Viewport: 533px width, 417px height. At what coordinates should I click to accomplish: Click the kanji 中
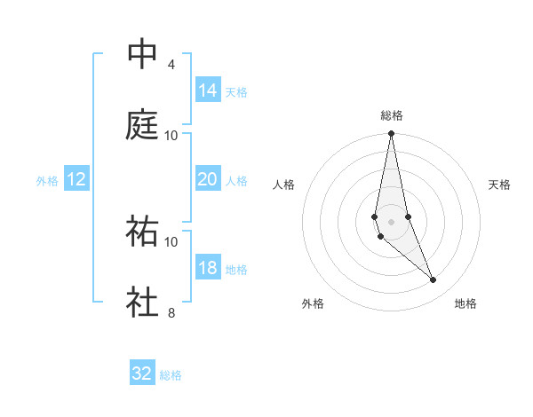(142, 54)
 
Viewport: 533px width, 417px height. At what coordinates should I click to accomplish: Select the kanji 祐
(142, 232)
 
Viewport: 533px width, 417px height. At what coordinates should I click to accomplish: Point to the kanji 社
(142, 303)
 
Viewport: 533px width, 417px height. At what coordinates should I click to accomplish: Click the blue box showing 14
(208, 90)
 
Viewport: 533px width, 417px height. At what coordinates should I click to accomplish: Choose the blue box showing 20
(208, 179)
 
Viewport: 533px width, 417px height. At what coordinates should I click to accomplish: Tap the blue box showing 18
(208, 268)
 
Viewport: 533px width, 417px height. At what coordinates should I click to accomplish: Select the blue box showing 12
(76, 179)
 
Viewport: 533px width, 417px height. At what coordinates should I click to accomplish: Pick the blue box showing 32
(142, 374)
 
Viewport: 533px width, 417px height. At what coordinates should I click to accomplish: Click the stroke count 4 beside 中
(171, 65)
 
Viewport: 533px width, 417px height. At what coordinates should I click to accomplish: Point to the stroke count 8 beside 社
(171, 313)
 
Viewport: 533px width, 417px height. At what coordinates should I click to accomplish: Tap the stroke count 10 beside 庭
(171, 136)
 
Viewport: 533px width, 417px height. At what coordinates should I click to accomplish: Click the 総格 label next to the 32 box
(171, 375)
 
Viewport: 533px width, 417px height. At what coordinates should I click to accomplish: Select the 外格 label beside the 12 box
(47, 181)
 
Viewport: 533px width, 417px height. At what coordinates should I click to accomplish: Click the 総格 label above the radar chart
(392, 115)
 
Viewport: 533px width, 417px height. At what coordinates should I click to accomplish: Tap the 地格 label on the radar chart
(465, 303)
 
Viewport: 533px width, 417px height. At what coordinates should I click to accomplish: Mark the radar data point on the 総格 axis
(391, 134)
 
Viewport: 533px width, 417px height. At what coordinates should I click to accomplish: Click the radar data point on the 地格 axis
(434, 280)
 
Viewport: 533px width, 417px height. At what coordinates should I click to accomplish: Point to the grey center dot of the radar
(391, 221)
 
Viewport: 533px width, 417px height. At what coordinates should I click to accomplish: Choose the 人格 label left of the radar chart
(284, 185)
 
